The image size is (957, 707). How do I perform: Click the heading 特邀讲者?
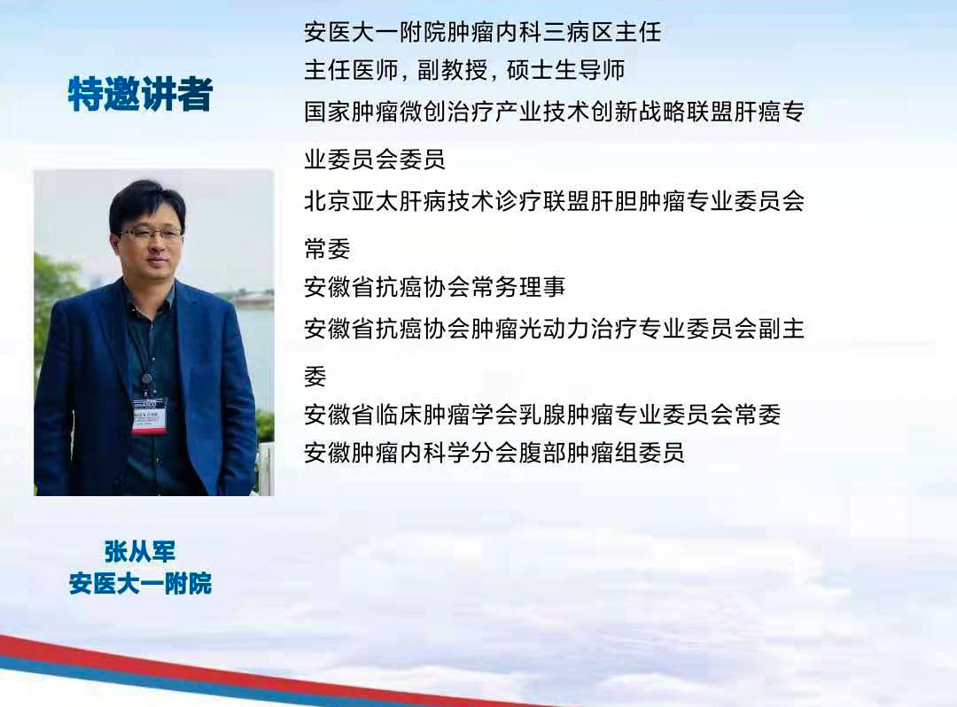(140, 95)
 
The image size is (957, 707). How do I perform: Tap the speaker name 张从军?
(140, 552)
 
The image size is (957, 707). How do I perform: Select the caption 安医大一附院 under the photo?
(140, 584)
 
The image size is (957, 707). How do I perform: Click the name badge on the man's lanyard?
(148, 414)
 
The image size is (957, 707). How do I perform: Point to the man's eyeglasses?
(151, 235)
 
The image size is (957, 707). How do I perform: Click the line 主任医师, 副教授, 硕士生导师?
(464, 70)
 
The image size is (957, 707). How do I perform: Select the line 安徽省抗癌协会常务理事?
(434, 287)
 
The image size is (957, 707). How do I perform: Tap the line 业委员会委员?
(374, 159)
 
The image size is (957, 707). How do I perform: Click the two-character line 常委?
(327, 248)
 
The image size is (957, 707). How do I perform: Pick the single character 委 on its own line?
(315, 376)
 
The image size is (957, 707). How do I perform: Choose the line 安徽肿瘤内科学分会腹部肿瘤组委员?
(494, 453)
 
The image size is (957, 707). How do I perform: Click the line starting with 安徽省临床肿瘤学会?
(541, 414)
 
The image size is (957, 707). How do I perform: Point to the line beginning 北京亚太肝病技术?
(554, 200)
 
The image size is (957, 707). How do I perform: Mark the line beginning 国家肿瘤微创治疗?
(554, 112)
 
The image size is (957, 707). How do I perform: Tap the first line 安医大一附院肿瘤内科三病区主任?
(482, 33)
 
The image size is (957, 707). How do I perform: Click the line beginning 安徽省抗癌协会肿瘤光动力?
(554, 329)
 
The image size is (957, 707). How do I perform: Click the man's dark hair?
(146, 199)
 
